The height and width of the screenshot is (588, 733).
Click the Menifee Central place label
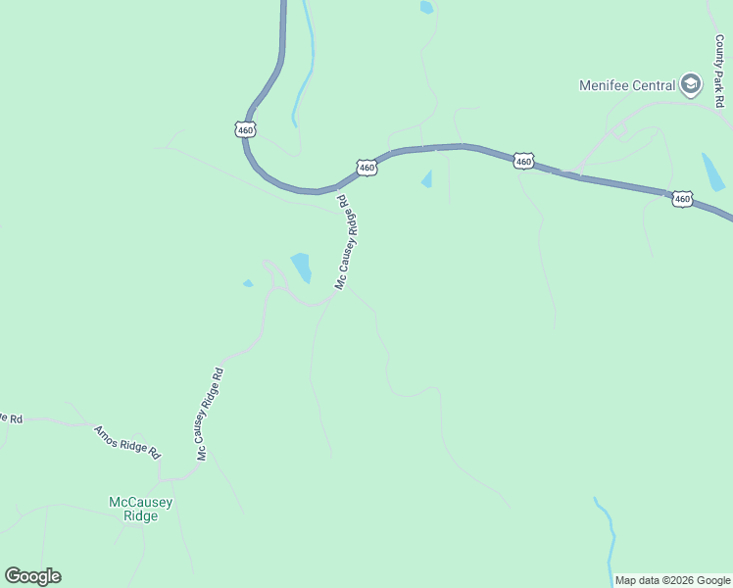(627, 85)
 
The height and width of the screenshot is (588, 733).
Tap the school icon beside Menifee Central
(691, 84)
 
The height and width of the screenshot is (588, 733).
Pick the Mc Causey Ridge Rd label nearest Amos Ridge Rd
(211, 414)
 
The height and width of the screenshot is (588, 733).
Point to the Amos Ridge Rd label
(126, 442)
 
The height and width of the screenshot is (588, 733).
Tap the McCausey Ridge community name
(141, 509)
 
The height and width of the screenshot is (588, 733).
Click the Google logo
(32, 576)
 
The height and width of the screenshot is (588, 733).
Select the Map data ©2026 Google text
(673, 580)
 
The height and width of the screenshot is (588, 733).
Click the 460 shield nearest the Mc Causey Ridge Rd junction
(366, 168)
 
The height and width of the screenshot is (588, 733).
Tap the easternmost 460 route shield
(682, 199)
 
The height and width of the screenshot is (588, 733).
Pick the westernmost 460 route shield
(245, 128)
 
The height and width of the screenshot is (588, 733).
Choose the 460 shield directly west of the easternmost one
(523, 161)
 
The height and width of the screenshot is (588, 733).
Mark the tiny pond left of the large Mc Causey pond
(248, 284)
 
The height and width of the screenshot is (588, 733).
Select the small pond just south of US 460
(426, 179)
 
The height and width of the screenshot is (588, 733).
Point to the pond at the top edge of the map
(426, 7)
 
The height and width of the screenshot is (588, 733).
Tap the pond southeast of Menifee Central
(712, 171)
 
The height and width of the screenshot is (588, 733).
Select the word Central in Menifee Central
(654, 85)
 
